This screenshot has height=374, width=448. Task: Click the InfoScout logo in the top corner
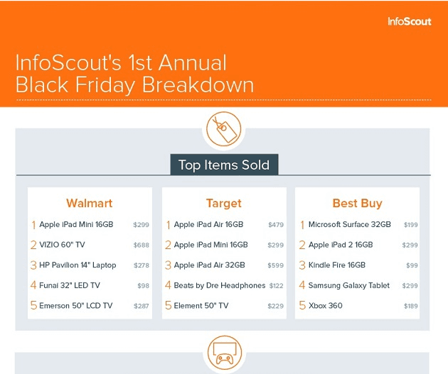(x=409, y=21)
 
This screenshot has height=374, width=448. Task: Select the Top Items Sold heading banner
(x=223, y=165)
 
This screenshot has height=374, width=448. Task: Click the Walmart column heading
(x=90, y=204)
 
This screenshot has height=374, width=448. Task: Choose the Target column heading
(x=223, y=204)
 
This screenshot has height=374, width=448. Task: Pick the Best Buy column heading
(x=357, y=204)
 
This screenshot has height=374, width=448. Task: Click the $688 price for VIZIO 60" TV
(x=141, y=245)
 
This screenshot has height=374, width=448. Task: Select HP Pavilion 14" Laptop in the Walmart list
(x=78, y=265)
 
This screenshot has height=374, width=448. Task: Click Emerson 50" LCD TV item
(x=75, y=306)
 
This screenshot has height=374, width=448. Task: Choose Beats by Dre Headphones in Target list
(x=219, y=285)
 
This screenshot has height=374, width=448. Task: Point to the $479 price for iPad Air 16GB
(x=275, y=225)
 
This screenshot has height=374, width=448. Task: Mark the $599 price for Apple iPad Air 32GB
(x=275, y=265)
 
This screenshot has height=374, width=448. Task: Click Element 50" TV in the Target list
(x=201, y=306)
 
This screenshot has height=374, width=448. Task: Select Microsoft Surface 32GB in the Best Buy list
(x=349, y=225)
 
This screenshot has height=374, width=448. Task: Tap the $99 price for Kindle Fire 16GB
(x=412, y=265)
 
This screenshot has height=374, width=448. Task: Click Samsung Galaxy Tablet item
(x=348, y=285)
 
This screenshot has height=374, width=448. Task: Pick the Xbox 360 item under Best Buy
(x=325, y=306)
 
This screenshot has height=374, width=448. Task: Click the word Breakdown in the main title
(x=198, y=84)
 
